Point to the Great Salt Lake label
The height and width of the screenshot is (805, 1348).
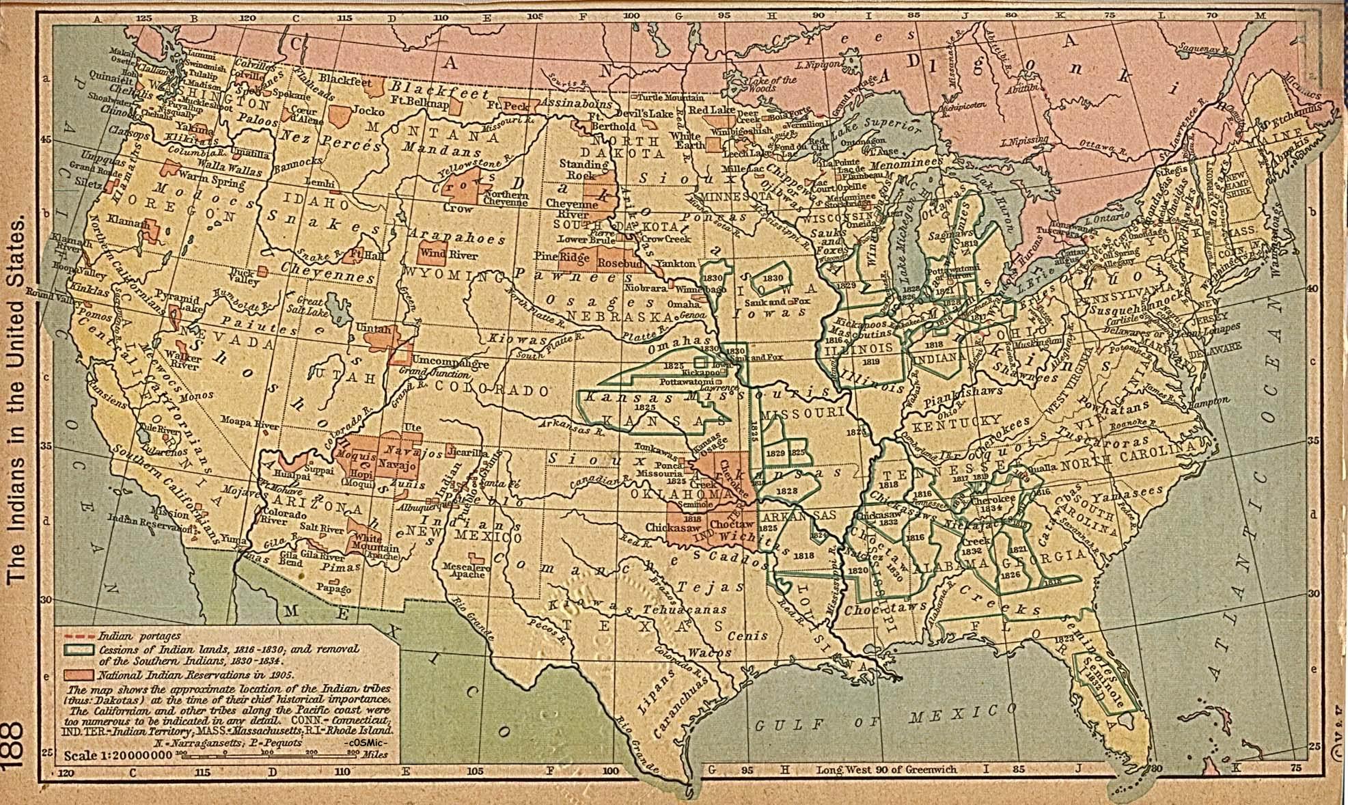coord(308,306)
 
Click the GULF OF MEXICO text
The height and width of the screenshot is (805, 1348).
coord(878,720)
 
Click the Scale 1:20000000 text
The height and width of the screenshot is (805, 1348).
coord(118,756)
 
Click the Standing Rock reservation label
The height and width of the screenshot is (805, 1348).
coord(583,169)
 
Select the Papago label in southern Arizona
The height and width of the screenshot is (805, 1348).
coord(333,588)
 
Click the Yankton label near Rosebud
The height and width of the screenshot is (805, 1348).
coord(675,263)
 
